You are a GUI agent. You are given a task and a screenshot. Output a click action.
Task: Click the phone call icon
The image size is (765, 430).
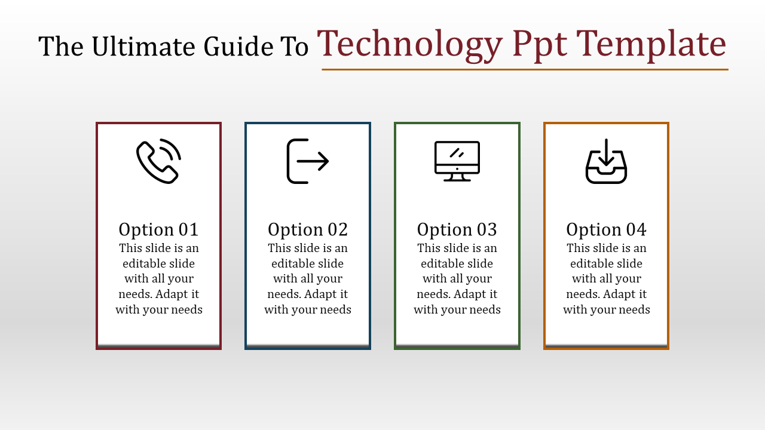click(158, 161)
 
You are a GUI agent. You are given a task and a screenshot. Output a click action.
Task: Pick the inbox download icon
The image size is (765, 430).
click(606, 162)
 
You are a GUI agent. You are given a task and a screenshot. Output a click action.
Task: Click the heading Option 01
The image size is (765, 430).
click(158, 229)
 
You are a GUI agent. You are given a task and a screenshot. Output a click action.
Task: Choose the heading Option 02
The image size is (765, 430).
click(308, 229)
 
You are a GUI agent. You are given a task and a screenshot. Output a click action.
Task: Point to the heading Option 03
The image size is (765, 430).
click(457, 229)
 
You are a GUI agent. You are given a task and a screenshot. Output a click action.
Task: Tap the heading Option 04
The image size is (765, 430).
click(606, 229)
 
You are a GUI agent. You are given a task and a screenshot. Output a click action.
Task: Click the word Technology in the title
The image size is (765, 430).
click(410, 44)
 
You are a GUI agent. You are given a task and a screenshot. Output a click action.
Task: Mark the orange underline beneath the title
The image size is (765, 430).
click(525, 70)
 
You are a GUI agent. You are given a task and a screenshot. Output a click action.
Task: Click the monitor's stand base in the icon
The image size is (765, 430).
click(457, 179)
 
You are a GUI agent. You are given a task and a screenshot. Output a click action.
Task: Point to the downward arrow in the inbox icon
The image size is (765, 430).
click(606, 152)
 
